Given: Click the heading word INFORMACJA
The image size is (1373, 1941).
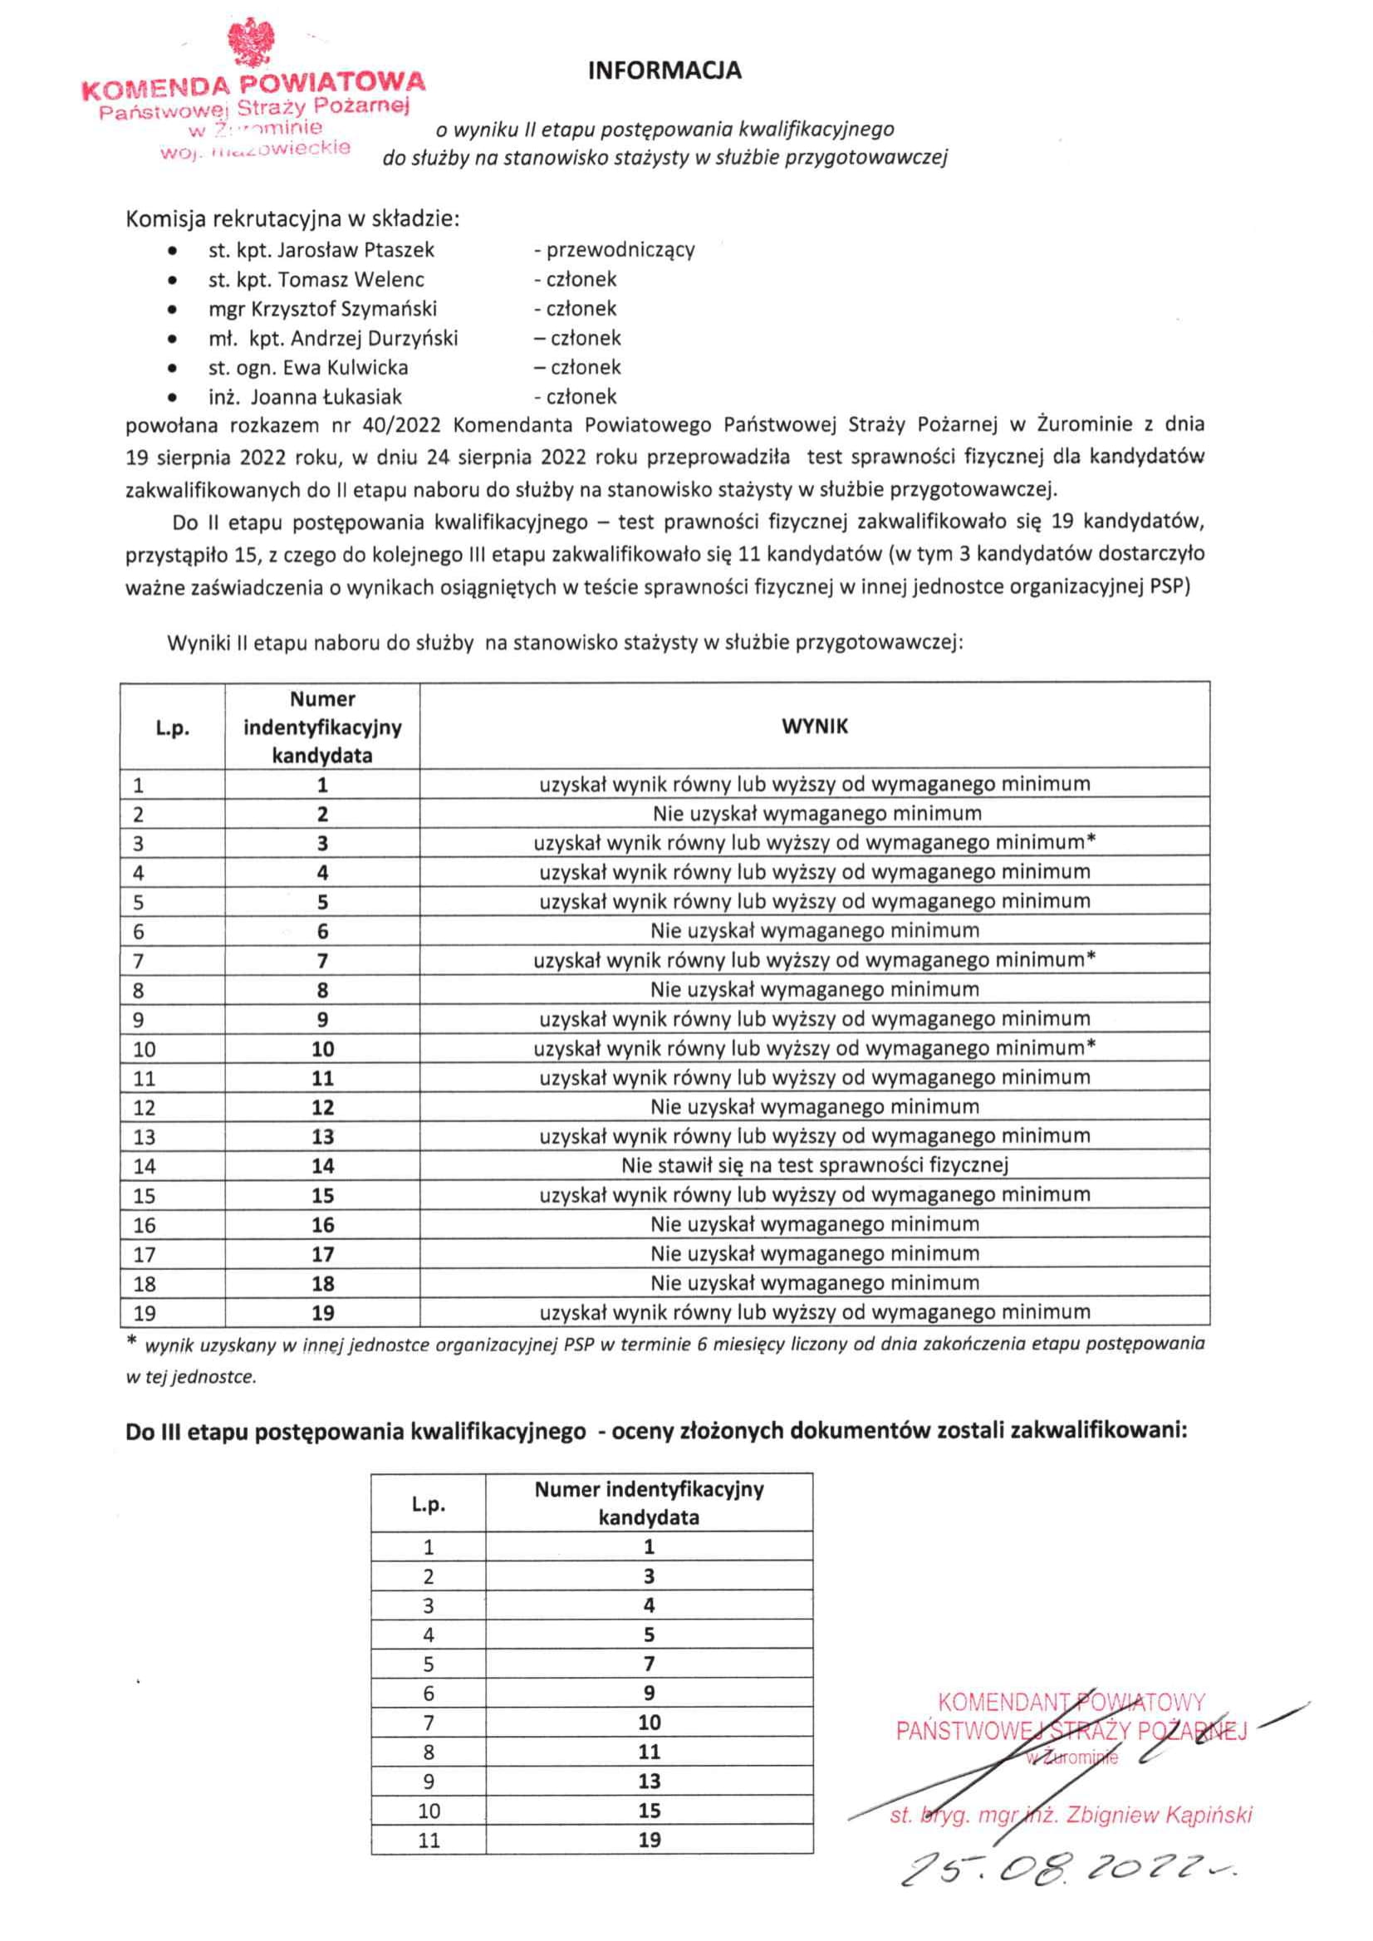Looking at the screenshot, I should tap(664, 70).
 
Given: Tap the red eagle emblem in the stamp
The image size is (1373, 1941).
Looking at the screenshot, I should tap(251, 43).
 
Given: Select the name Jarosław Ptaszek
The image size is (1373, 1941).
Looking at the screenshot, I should tap(356, 250).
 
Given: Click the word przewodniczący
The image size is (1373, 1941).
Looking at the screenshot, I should tap(620, 250).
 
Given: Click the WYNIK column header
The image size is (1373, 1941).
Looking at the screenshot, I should tap(814, 726).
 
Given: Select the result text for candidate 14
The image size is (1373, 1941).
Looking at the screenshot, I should tap(814, 1166).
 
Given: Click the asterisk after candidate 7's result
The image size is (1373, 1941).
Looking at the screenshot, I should tap(1091, 958).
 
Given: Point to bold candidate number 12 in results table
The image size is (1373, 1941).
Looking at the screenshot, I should tap(322, 1107).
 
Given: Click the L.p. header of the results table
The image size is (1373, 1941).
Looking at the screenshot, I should tap(173, 728).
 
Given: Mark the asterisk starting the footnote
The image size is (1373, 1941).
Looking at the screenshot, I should tap(131, 1341).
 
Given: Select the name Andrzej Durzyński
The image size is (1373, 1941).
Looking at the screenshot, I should tap(374, 339).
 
